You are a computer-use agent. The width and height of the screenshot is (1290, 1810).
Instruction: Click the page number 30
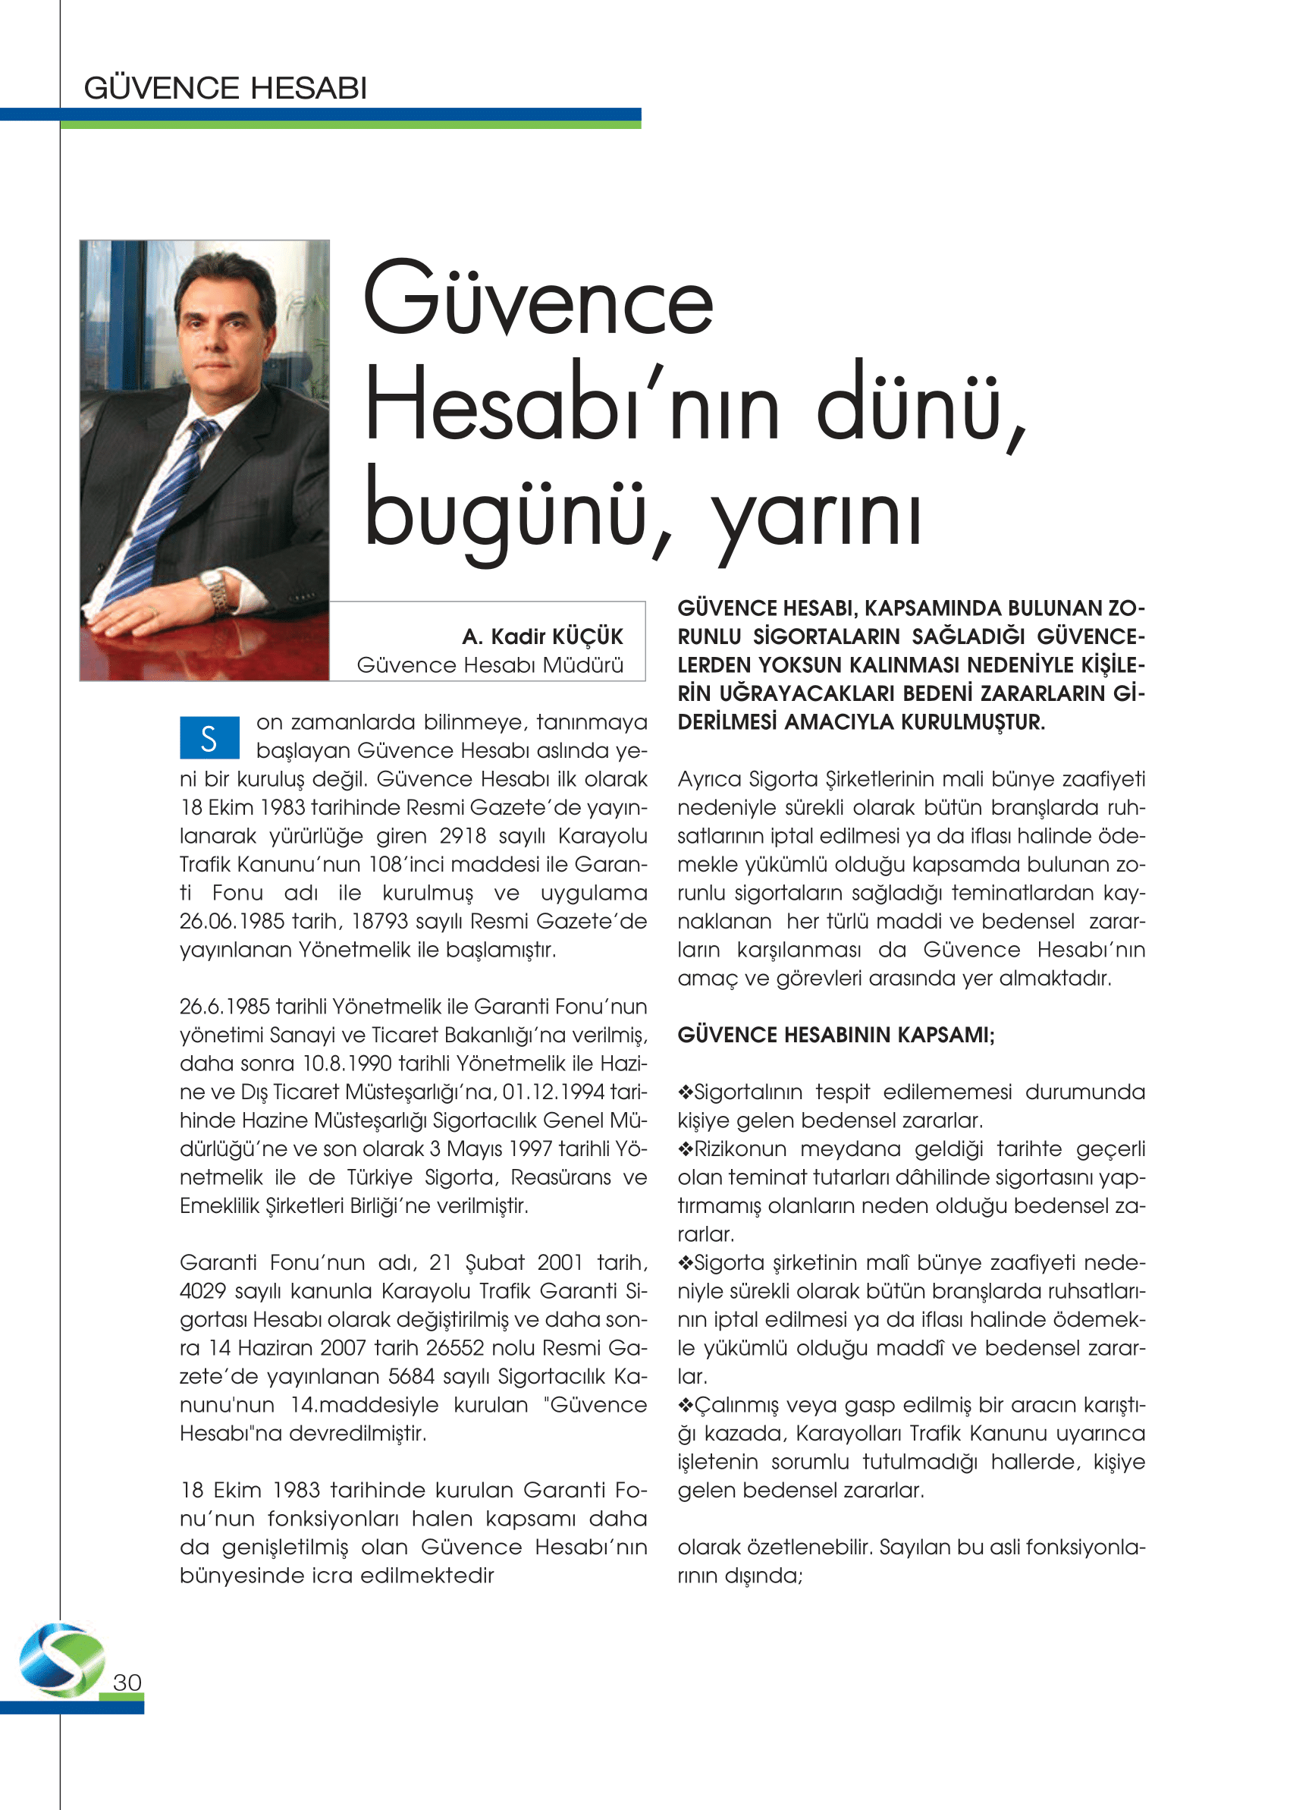point(127,1682)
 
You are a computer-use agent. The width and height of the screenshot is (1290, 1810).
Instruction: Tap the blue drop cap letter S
point(209,738)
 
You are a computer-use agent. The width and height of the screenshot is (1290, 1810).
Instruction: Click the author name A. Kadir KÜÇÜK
point(542,636)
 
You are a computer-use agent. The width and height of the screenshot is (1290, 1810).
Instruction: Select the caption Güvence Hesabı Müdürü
point(490,665)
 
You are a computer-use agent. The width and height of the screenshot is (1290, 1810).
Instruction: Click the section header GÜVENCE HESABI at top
point(225,88)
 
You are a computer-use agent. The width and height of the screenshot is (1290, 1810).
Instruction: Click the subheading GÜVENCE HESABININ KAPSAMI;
point(836,1035)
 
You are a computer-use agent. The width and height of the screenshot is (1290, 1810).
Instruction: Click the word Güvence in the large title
point(538,300)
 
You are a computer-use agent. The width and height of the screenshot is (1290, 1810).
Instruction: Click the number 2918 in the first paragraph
point(463,836)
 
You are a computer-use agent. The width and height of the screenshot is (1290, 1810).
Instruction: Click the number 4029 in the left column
point(202,1291)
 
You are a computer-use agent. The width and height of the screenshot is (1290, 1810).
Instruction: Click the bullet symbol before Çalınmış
point(686,1406)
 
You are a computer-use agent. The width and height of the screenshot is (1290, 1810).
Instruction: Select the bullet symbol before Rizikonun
point(686,1150)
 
